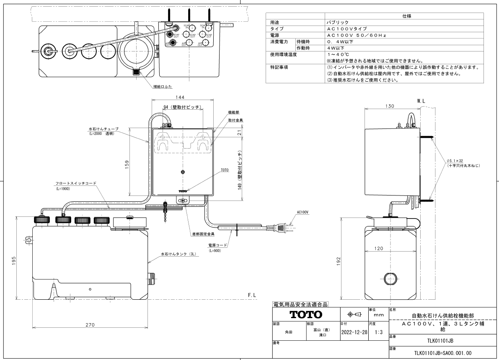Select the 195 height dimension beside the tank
click(14, 261)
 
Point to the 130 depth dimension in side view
click(390, 106)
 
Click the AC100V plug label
click(303, 213)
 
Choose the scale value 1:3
click(378, 332)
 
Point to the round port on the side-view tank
click(390, 278)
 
